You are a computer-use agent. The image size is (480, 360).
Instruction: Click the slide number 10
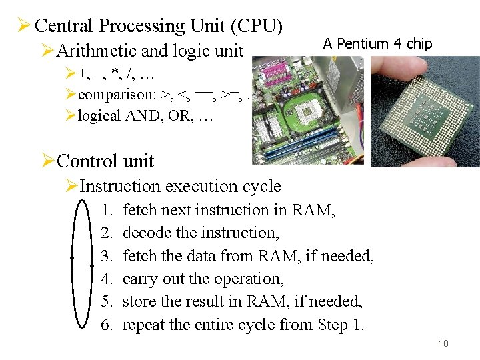pos(443,343)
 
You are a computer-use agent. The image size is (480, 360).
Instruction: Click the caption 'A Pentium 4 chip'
pos(377,44)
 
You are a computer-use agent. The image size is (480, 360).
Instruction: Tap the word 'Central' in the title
pos(64,26)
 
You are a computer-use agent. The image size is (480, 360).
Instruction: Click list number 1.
pos(107,211)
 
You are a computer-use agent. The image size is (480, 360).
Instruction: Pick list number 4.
pos(107,279)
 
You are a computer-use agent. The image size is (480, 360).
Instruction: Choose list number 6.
pos(107,325)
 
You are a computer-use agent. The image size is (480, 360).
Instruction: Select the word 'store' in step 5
pos(138,302)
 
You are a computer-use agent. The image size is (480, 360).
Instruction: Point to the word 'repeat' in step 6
pos(144,325)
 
